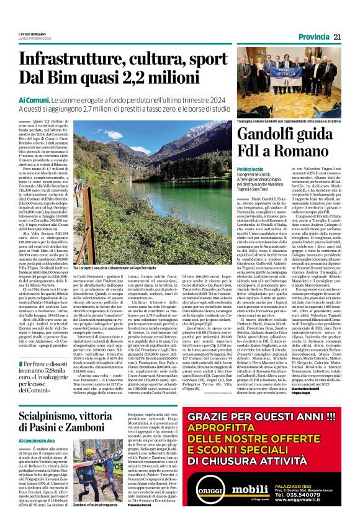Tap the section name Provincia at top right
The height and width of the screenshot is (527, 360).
coord(313,37)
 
